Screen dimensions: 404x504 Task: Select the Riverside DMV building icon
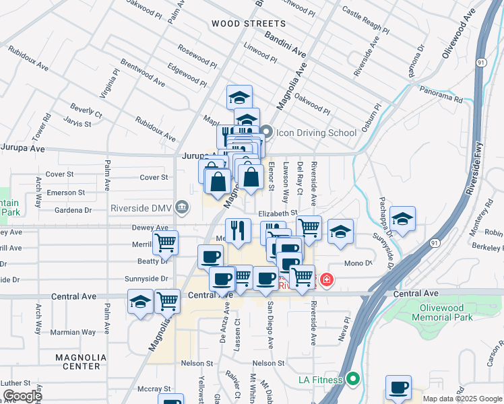tap(181, 207)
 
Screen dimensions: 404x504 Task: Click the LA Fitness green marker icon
tap(351, 380)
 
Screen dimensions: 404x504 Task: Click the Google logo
tap(22, 396)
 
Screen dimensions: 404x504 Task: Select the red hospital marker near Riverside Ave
tap(326, 279)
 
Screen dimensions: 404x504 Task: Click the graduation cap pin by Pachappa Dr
tap(402, 220)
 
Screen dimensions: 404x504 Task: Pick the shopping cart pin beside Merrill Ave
tap(165, 243)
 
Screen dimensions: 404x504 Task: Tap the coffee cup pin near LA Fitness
tap(399, 388)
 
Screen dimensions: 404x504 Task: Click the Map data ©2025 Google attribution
tap(461, 399)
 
